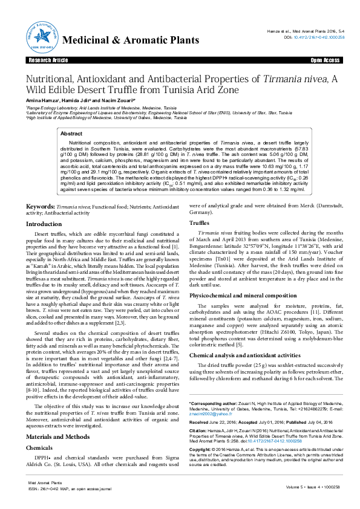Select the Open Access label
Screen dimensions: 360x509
pos(324,61)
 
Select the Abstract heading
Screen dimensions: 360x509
pos(71,134)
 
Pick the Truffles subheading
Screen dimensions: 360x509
pos(200,223)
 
